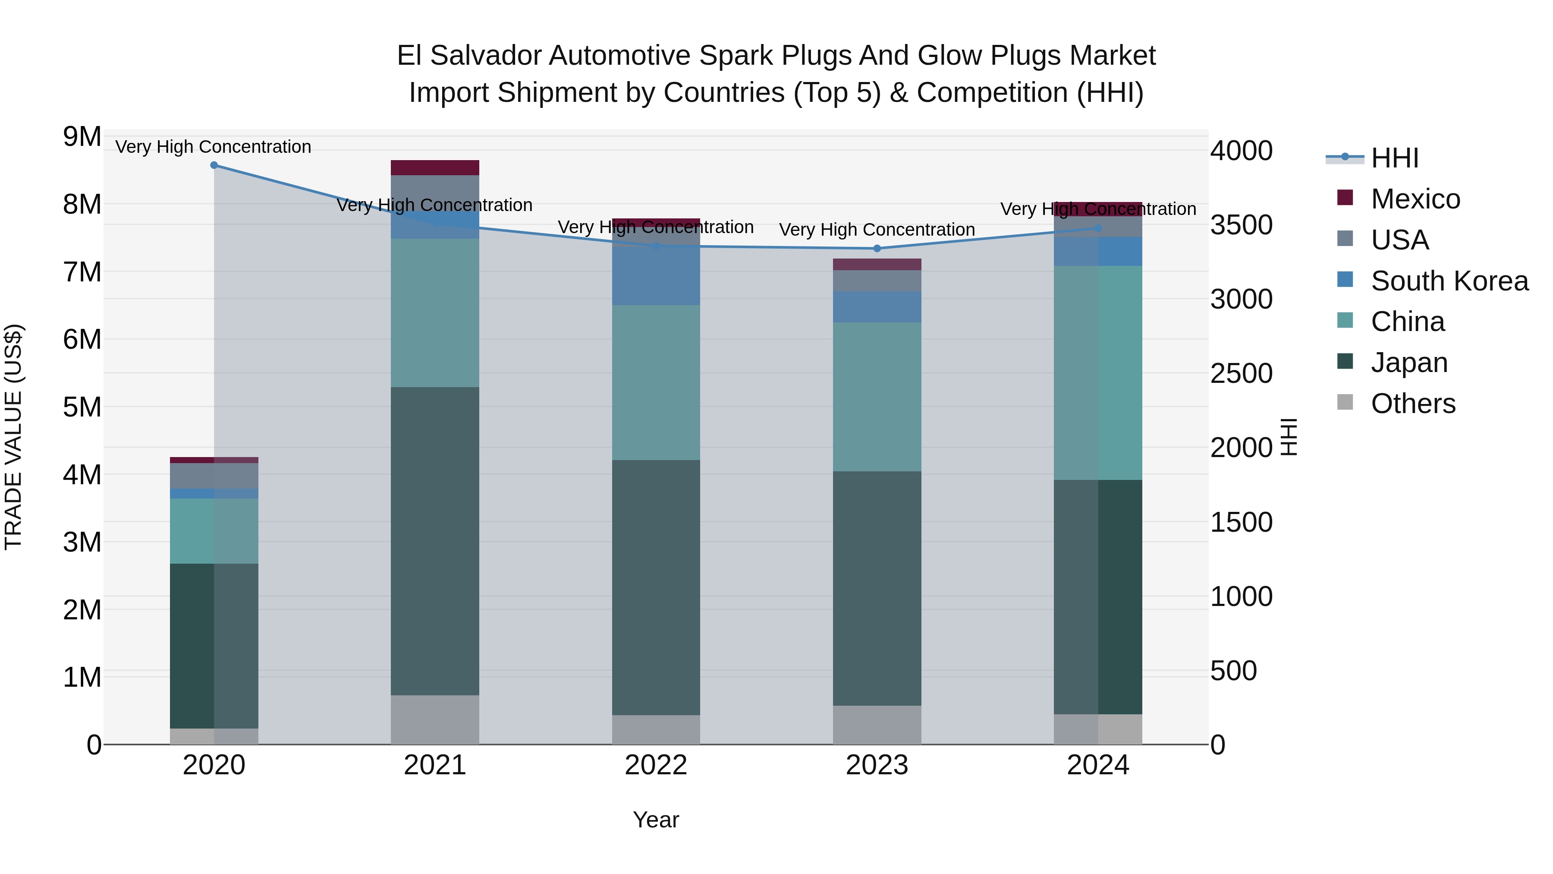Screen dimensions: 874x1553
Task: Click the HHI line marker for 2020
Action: tap(214, 165)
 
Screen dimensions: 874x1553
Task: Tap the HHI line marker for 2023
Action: tap(877, 249)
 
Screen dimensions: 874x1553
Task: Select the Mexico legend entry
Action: tap(1415, 199)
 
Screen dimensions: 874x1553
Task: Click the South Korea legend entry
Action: tap(1449, 281)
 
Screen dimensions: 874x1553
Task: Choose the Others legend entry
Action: tap(1412, 404)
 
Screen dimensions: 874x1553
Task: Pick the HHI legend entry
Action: tap(1394, 158)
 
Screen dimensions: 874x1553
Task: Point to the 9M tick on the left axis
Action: tap(82, 137)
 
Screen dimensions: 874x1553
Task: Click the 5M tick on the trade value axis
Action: tap(82, 407)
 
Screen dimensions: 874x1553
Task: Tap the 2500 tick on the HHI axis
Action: tap(1241, 373)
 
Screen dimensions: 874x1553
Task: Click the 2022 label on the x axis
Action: tap(656, 765)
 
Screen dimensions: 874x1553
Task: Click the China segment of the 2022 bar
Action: tap(656, 382)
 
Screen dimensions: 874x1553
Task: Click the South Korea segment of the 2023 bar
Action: tap(877, 306)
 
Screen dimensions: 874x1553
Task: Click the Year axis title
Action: tap(656, 820)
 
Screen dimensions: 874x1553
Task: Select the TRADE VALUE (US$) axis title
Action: tap(13, 437)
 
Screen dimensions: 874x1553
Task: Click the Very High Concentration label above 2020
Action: tap(214, 147)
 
